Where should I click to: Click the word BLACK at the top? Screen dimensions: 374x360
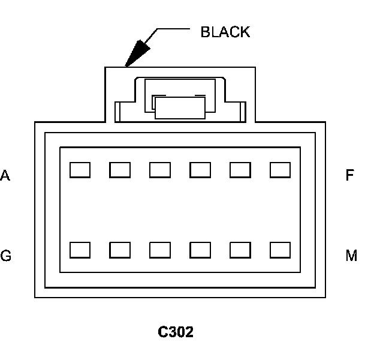pyautogui.click(x=225, y=32)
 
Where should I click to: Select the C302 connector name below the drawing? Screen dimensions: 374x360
pyautogui.click(x=176, y=332)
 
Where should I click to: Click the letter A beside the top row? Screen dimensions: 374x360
pyautogui.click(x=5, y=175)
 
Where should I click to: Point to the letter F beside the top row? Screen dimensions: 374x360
pyautogui.click(x=349, y=175)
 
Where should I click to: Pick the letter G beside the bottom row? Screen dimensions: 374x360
pyautogui.click(x=6, y=256)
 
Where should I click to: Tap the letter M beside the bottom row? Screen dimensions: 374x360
pyautogui.click(x=351, y=256)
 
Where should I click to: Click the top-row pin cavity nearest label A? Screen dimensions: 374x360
pyautogui.click(x=80, y=170)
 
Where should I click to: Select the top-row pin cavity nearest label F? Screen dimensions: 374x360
pyautogui.click(x=280, y=170)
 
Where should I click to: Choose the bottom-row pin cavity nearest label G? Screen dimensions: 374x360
pyautogui.click(x=80, y=250)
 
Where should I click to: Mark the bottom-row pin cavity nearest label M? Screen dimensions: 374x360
pyautogui.click(x=280, y=250)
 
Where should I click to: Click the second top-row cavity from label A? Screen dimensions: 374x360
pyautogui.click(x=120, y=170)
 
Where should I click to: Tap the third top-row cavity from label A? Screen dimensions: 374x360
pyautogui.click(x=160, y=170)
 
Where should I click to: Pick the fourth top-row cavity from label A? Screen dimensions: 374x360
pyautogui.click(x=200, y=170)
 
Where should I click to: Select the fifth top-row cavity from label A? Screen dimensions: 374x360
pyautogui.click(x=240, y=170)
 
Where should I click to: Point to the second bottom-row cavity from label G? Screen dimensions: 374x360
pyautogui.click(x=120, y=250)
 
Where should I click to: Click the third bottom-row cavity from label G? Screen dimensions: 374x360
pyautogui.click(x=160, y=250)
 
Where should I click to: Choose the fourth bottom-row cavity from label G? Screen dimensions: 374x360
pyautogui.click(x=200, y=250)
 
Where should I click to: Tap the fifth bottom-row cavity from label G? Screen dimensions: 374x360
pyautogui.click(x=240, y=250)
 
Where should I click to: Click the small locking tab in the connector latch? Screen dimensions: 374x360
pyautogui.click(x=180, y=107)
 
